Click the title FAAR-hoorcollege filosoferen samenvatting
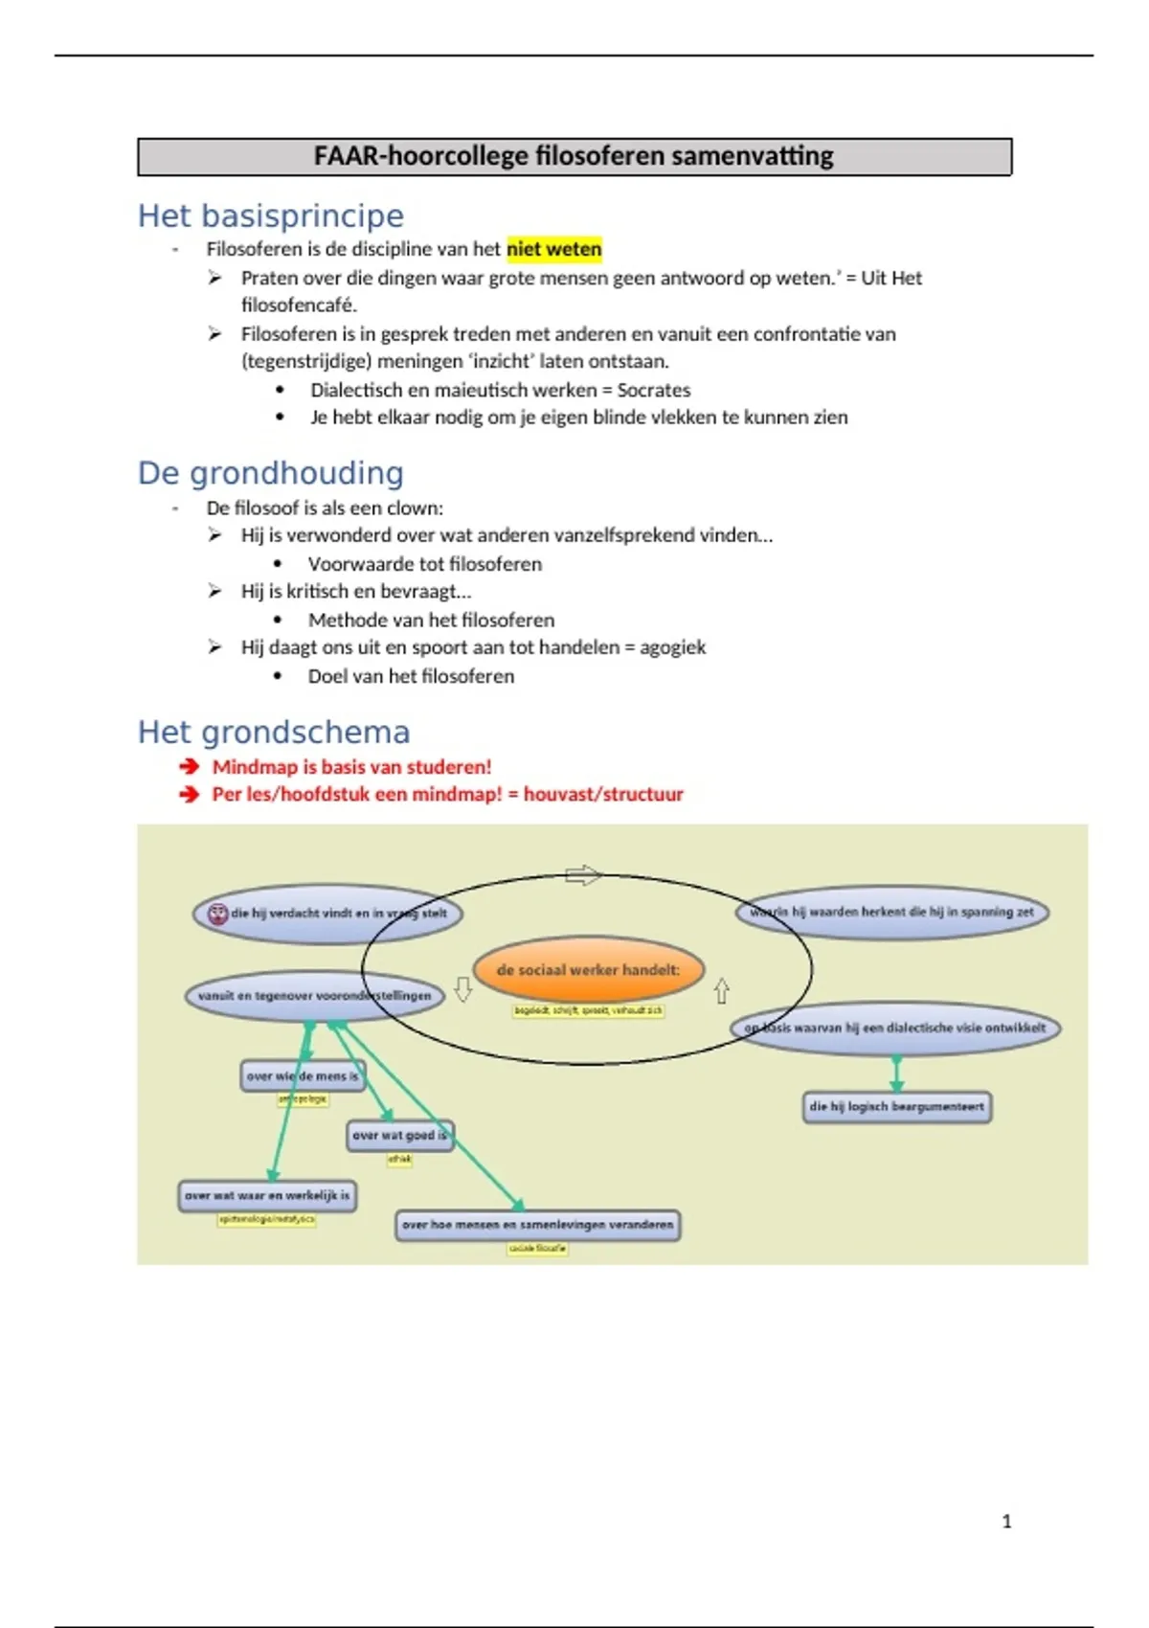574,156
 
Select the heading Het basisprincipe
271,215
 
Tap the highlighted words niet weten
554,249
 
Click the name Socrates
654,390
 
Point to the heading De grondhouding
271,473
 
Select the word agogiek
672,647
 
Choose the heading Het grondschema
274,733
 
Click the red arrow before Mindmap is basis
189,766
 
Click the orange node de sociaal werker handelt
588,970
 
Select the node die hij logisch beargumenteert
896,1107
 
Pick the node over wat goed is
399,1136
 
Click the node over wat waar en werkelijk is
267,1195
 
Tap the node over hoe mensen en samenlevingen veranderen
538,1225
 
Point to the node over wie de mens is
302,1076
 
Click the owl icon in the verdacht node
218,914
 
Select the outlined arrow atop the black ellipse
583,875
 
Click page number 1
1006,1521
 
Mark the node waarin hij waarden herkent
892,912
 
